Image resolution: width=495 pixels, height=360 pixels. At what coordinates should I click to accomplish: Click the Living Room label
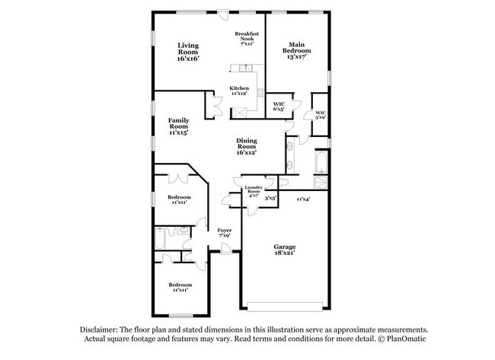click(x=188, y=52)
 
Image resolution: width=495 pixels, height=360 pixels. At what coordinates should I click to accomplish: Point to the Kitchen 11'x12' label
click(x=239, y=91)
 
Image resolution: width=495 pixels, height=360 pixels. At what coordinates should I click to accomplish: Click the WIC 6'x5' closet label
click(x=279, y=106)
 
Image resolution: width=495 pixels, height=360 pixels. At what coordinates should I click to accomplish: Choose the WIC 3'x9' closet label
click(x=321, y=115)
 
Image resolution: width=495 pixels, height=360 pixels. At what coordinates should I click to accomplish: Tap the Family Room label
click(x=179, y=126)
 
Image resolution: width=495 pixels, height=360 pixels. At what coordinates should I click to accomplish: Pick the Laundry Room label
click(x=253, y=190)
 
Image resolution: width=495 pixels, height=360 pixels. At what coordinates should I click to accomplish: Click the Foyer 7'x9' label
click(x=225, y=233)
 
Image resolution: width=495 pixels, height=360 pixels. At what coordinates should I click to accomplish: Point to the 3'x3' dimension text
click(x=270, y=197)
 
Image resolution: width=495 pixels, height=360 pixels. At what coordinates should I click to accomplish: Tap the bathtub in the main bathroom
click(x=321, y=162)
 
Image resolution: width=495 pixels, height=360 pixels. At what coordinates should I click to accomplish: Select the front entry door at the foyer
click(x=227, y=252)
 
